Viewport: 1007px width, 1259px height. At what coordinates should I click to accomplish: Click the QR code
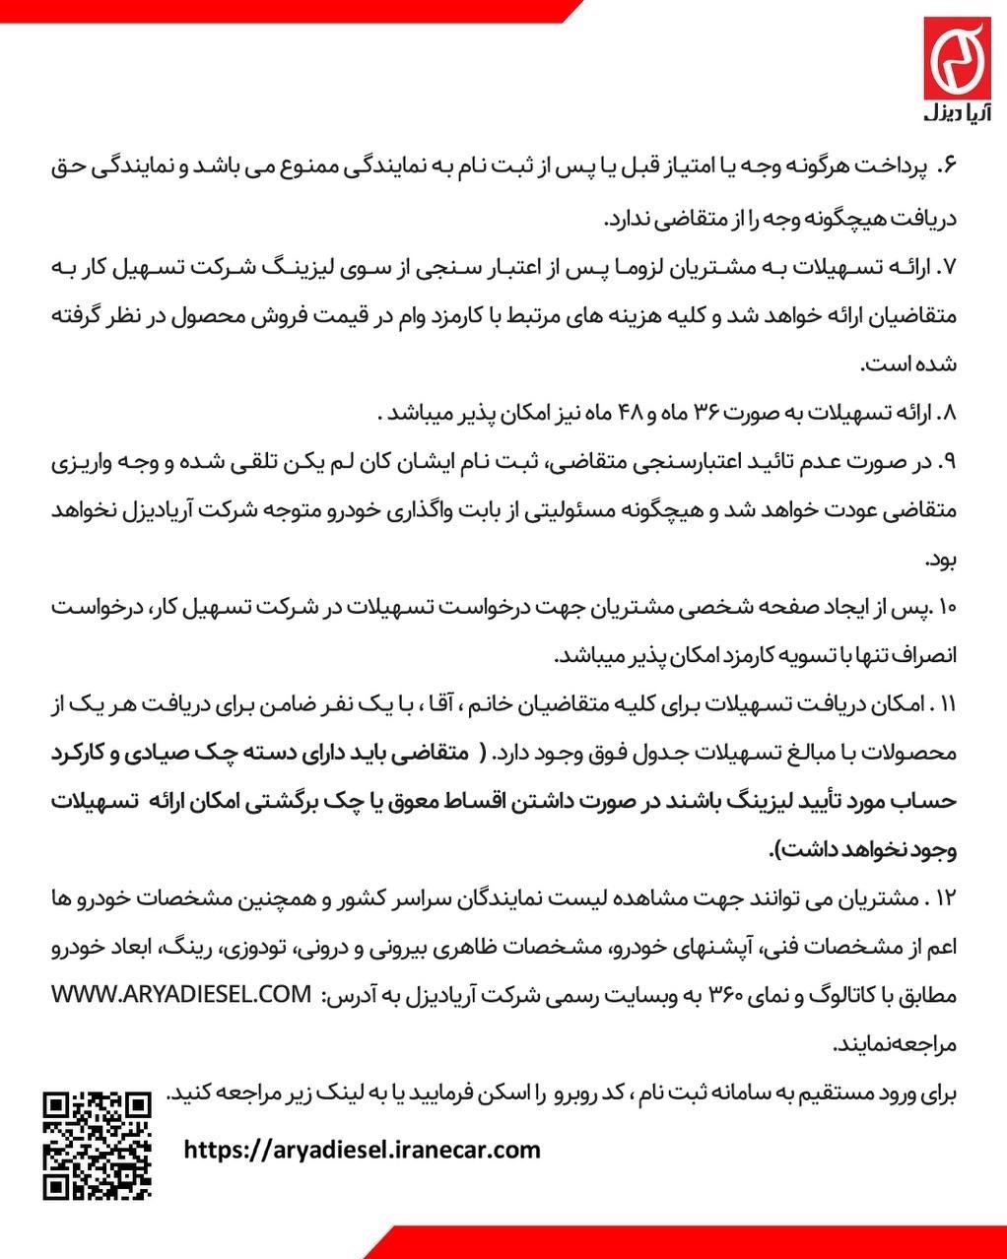click(98, 1145)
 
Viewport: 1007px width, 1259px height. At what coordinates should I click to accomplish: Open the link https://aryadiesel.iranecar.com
click(363, 1149)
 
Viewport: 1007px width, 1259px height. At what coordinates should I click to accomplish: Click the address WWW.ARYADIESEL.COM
click(180, 995)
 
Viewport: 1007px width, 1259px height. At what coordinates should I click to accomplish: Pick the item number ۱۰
click(947, 608)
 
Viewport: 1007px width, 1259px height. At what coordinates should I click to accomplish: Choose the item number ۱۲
click(947, 899)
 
